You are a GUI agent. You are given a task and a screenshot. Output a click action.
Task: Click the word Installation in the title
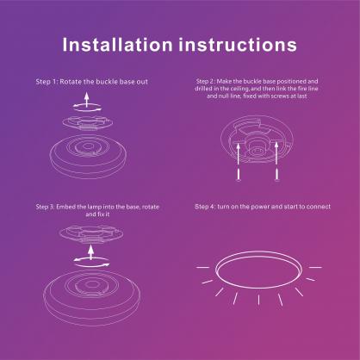(121, 43)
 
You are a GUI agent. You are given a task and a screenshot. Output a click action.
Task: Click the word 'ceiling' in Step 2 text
(230, 89)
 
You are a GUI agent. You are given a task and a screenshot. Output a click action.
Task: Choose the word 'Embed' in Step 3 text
(73, 208)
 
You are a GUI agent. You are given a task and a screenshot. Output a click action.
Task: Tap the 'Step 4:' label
(205, 208)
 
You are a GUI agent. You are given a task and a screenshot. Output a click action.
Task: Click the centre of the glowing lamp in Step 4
(256, 273)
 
